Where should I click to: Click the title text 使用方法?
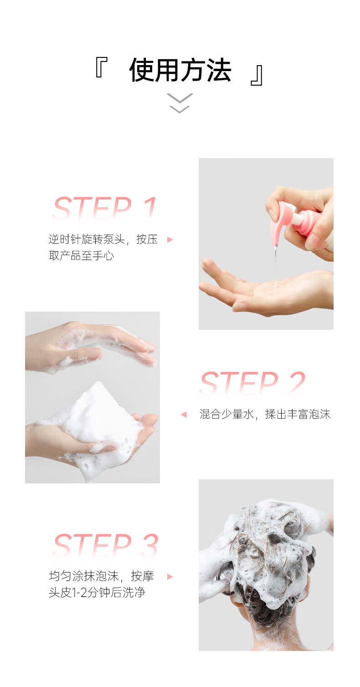180,70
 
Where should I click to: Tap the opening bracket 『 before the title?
101,67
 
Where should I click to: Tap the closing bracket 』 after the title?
256,75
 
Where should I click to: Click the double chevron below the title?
180,103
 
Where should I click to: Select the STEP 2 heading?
252,382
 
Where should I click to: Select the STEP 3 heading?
106,545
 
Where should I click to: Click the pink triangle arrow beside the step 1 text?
170,240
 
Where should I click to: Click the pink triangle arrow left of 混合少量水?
184,415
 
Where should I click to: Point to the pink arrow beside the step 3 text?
170,577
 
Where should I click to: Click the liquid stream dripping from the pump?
275,264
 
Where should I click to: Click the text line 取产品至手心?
81,256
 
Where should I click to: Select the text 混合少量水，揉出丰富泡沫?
265,415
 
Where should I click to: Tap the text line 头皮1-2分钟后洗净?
97,592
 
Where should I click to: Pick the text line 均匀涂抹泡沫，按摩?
101,576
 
